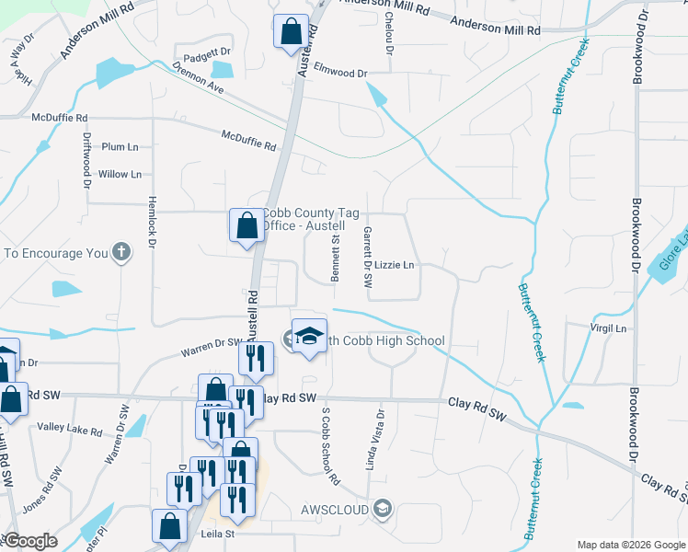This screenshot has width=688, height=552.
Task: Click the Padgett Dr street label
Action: (x=206, y=54)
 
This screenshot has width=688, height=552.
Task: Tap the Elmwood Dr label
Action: (x=340, y=73)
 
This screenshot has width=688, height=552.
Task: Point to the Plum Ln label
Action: (x=120, y=147)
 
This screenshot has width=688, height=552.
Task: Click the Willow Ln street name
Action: (x=120, y=174)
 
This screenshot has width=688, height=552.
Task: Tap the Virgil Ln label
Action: (x=607, y=328)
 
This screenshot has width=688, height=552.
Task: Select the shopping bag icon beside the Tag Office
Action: (x=247, y=224)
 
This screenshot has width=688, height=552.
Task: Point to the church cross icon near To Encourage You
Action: (x=121, y=252)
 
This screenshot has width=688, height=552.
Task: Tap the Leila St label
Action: (x=218, y=533)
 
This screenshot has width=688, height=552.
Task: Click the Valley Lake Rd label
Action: (x=69, y=428)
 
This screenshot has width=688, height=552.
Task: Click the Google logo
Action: (x=30, y=541)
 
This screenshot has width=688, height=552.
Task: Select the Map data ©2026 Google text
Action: (x=629, y=544)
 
